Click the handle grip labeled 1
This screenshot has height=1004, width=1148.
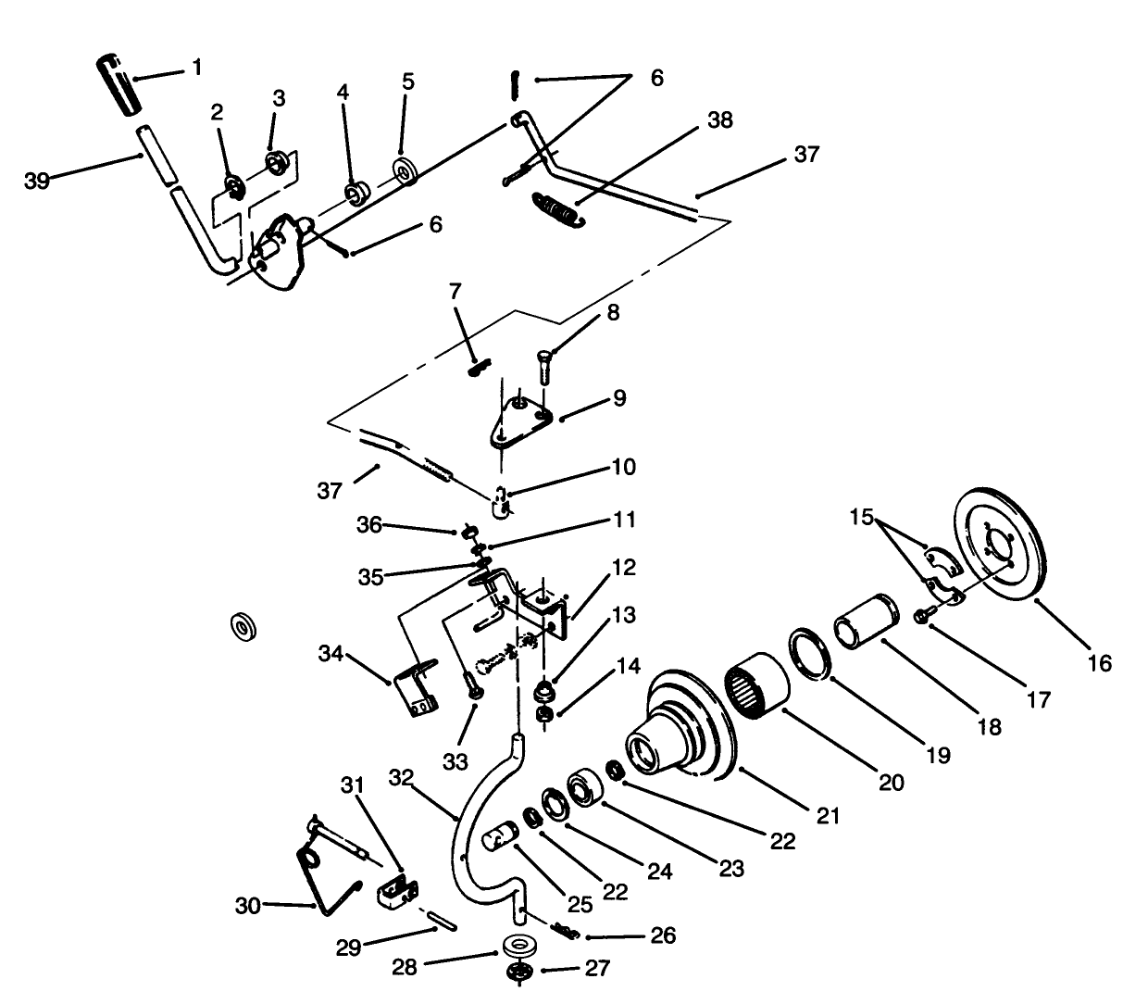tap(115, 85)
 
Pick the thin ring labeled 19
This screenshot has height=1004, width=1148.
tap(811, 655)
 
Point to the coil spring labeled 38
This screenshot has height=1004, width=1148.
tap(555, 207)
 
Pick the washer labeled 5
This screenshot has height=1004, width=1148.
tap(405, 172)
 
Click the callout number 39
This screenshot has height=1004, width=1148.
tap(37, 181)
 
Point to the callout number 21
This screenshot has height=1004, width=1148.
tap(828, 815)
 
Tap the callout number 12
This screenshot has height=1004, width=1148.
tap(625, 567)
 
